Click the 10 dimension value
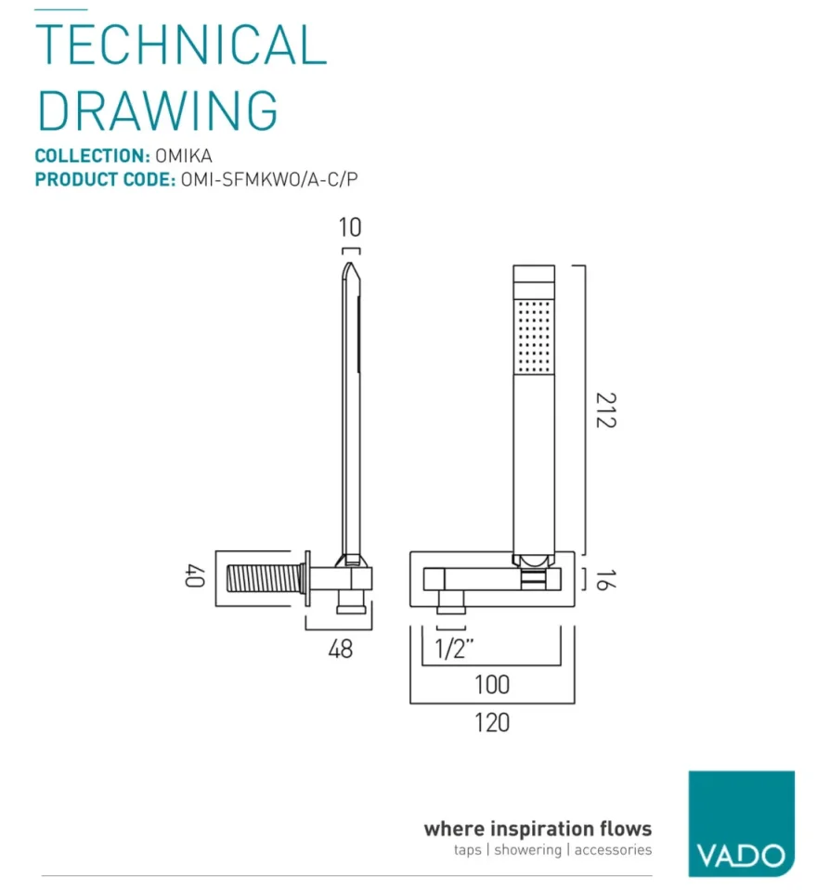tap(350, 227)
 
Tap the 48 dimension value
tap(341, 649)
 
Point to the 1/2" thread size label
tap(455, 649)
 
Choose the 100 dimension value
tap(491, 685)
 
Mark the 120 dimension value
tap(491, 721)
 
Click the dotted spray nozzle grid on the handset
tap(534, 335)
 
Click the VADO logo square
tap(741, 823)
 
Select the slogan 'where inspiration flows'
tap(538, 828)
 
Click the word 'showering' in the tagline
tap(527, 850)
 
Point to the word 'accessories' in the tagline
tap(613, 850)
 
